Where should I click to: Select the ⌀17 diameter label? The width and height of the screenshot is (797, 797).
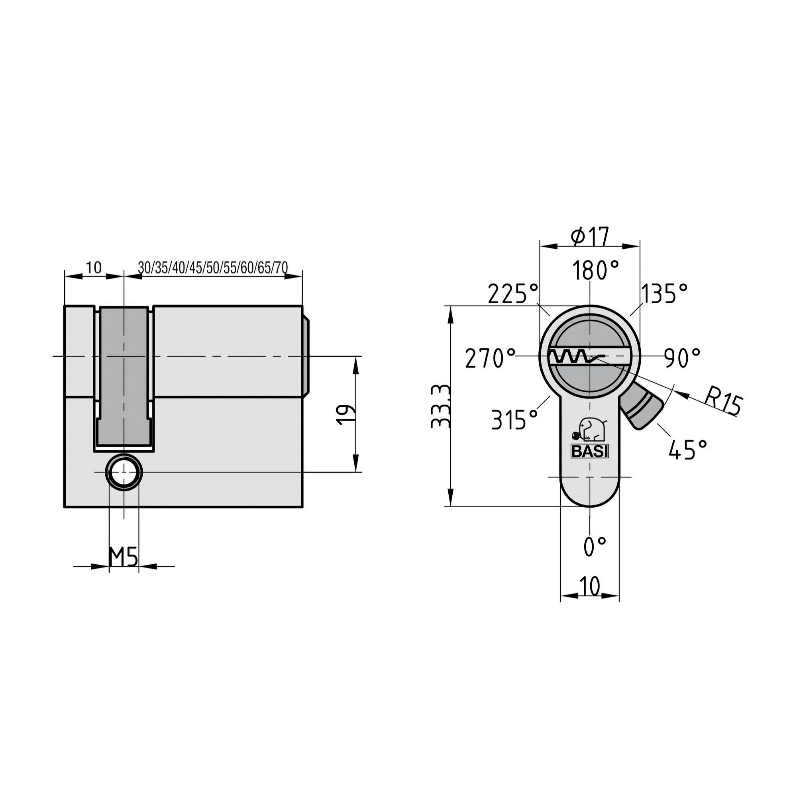590,236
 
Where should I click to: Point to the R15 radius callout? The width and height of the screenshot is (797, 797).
723,400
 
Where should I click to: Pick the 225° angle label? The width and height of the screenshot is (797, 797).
513,294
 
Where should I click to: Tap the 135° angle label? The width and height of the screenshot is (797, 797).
664,294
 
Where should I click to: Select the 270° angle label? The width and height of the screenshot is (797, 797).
490,358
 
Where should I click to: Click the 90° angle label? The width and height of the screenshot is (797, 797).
682,358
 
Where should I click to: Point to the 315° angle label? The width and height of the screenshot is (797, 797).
515,420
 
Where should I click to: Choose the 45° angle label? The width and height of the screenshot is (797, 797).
688,450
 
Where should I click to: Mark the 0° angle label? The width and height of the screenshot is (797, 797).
595,547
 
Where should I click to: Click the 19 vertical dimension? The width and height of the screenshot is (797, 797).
345,414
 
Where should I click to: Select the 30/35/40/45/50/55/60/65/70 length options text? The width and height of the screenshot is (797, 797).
213,268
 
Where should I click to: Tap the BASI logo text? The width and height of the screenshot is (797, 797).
589,452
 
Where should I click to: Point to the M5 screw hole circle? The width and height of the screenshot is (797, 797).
124,472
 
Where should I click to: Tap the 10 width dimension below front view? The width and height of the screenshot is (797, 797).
589,586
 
